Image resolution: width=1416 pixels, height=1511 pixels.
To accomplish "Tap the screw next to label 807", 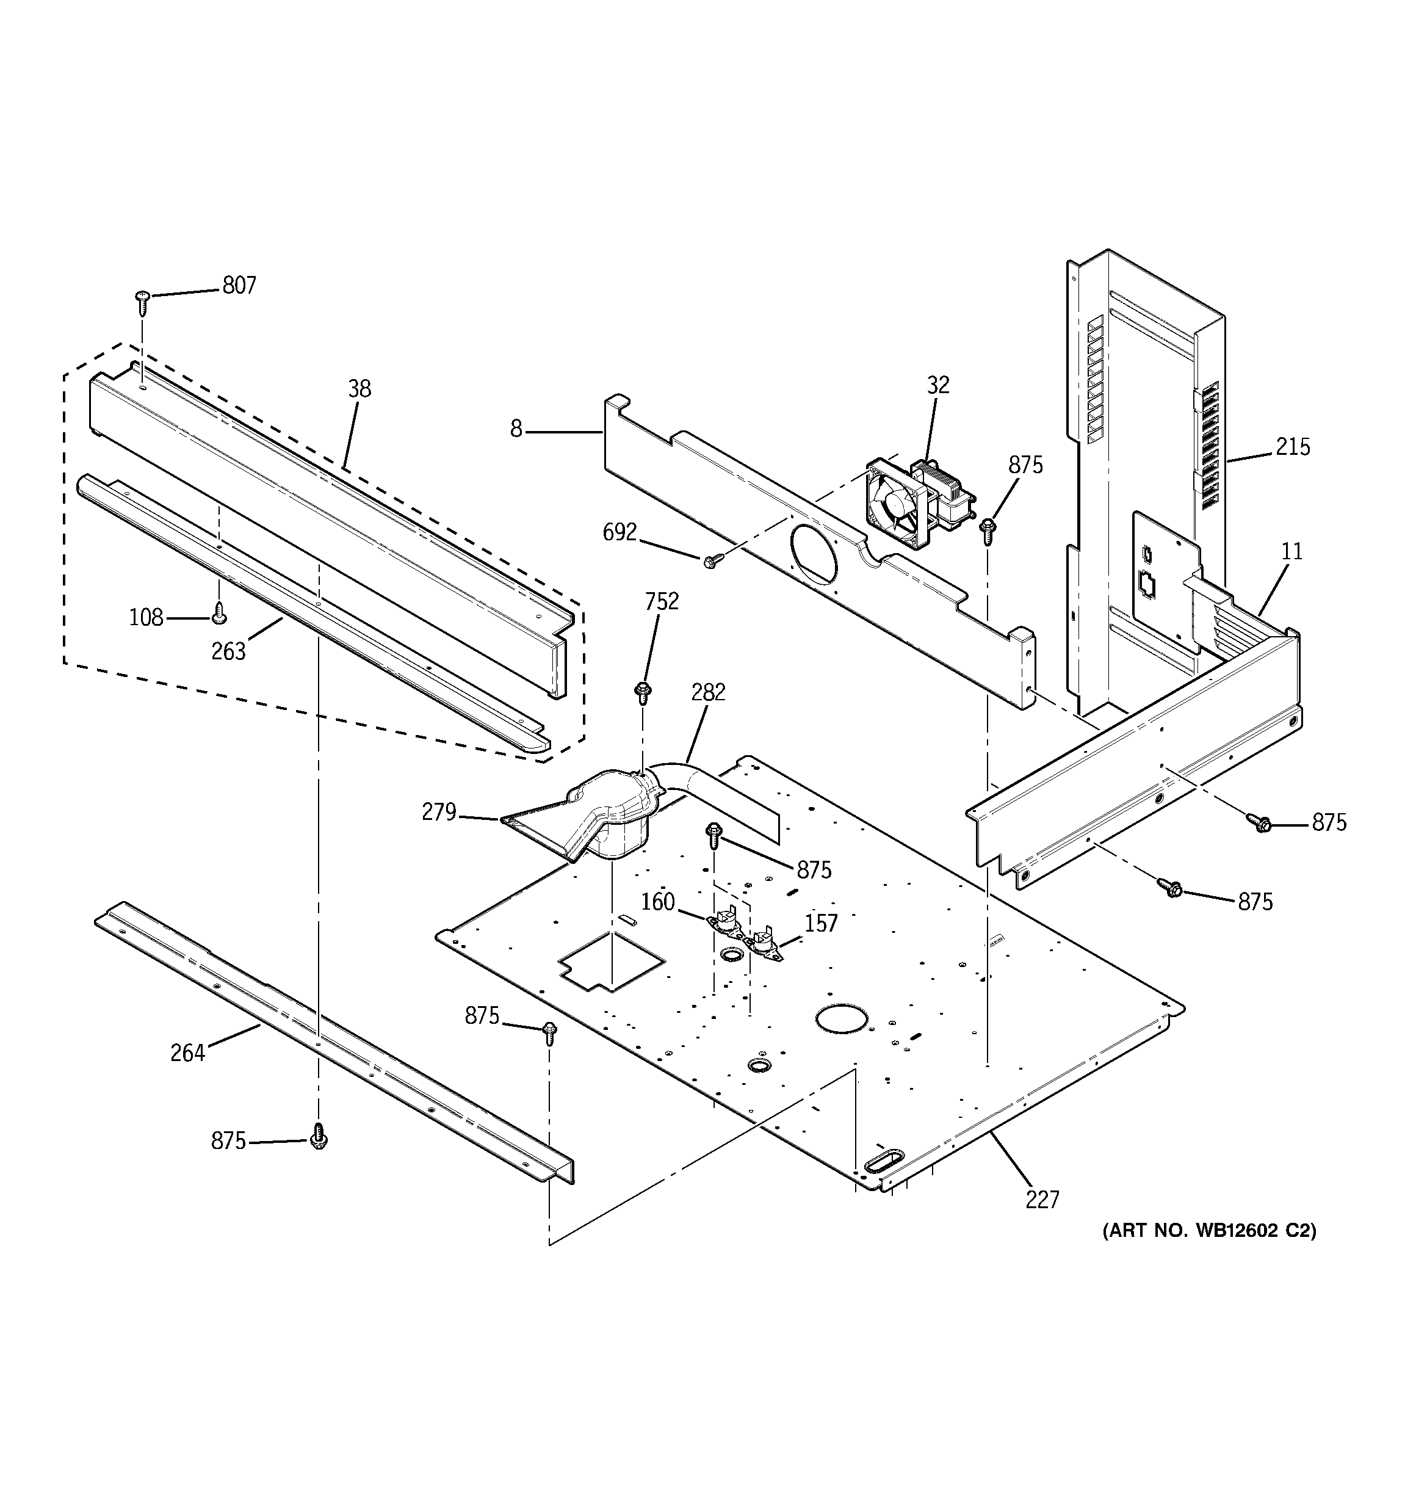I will click(142, 302).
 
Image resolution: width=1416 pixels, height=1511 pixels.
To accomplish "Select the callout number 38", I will click(359, 389).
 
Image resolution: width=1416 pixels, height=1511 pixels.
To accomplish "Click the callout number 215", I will click(1292, 447).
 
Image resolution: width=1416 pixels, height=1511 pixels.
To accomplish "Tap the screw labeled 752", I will click(642, 692).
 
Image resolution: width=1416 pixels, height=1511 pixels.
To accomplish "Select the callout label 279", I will click(439, 813).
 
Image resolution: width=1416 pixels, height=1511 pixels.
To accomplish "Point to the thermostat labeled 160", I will click(724, 921).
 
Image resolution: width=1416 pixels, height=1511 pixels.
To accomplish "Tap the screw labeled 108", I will click(219, 612).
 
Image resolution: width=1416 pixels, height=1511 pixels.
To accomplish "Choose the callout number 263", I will click(228, 651).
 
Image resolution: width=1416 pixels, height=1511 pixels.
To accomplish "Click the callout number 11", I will click(1291, 551).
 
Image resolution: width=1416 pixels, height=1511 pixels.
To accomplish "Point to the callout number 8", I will click(516, 430).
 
